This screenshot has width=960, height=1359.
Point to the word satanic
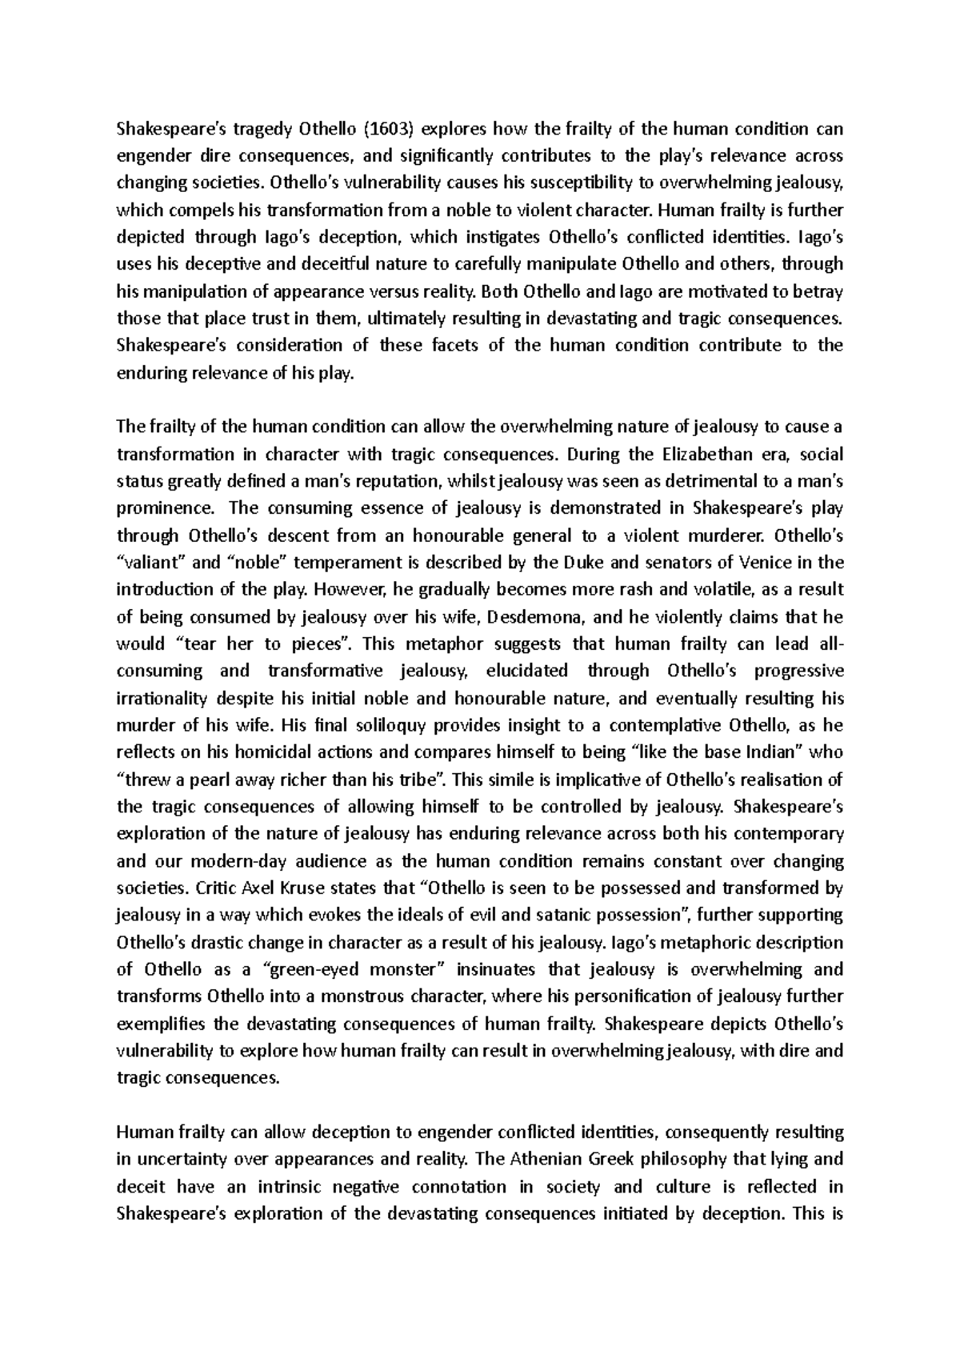pos(673,915)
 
